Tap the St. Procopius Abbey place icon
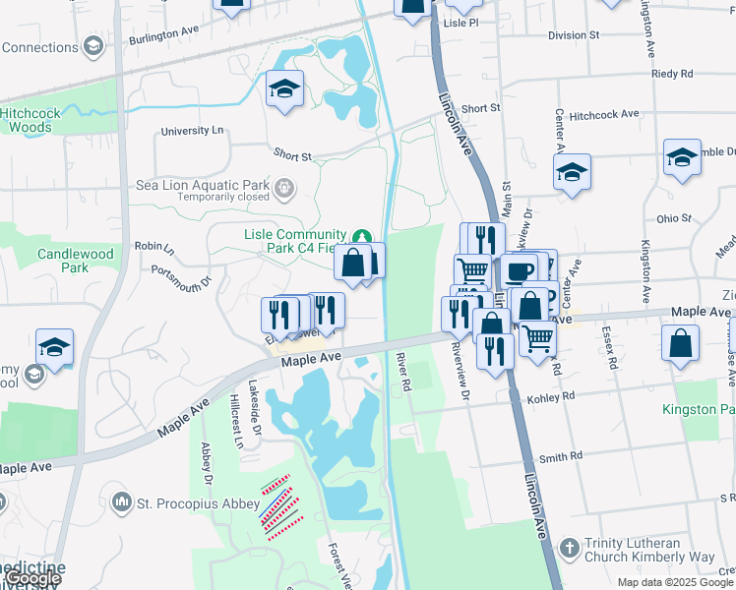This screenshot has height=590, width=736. tap(122, 503)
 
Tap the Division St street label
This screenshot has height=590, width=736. tap(574, 35)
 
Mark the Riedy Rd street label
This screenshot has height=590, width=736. tap(673, 74)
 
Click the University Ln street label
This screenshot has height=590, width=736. tap(192, 131)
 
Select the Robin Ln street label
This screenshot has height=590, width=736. tap(153, 246)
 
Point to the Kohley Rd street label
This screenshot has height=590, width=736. tap(554, 397)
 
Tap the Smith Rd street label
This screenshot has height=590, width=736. tap(561, 456)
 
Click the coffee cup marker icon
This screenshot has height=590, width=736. tap(519, 270)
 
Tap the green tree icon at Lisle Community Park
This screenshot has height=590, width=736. tap(362, 236)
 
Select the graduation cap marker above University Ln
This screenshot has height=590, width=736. tap(283, 88)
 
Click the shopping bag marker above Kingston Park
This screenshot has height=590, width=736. tap(681, 343)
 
